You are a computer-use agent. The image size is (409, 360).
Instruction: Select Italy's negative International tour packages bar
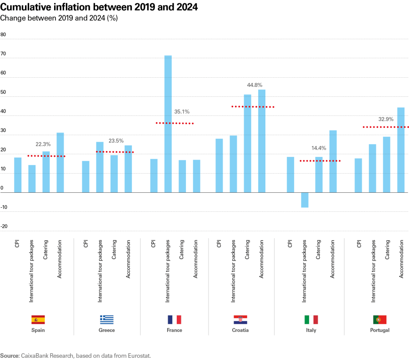pyautogui.click(x=304, y=200)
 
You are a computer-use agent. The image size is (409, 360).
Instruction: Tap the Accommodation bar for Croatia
pyautogui.click(x=262, y=141)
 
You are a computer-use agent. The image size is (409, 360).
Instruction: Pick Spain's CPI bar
pyautogui.click(x=18, y=175)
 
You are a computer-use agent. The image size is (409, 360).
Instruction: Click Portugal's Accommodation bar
pyautogui.click(x=401, y=150)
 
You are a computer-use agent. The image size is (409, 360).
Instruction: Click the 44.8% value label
pyautogui.click(x=254, y=85)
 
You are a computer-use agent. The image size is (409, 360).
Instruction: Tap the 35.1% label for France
pyautogui.click(x=182, y=111)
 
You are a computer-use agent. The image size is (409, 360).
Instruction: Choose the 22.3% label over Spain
pyautogui.click(x=43, y=144)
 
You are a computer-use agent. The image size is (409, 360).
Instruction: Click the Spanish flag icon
pyautogui.click(x=38, y=319)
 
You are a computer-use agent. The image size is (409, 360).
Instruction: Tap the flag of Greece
pyautogui.click(x=107, y=319)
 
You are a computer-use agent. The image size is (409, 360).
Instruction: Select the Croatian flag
pyautogui.click(x=240, y=319)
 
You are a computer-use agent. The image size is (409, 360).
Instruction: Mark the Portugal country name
pyautogui.click(x=380, y=330)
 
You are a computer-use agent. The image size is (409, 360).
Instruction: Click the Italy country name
pyautogui.click(x=311, y=330)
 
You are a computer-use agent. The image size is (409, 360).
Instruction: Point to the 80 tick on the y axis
pyautogui.click(x=4, y=35)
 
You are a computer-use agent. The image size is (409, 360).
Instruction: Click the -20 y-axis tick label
pyautogui.click(x=4, y=226)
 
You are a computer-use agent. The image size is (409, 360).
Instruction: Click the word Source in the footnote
pyautogui.click(x=10, y=355)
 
